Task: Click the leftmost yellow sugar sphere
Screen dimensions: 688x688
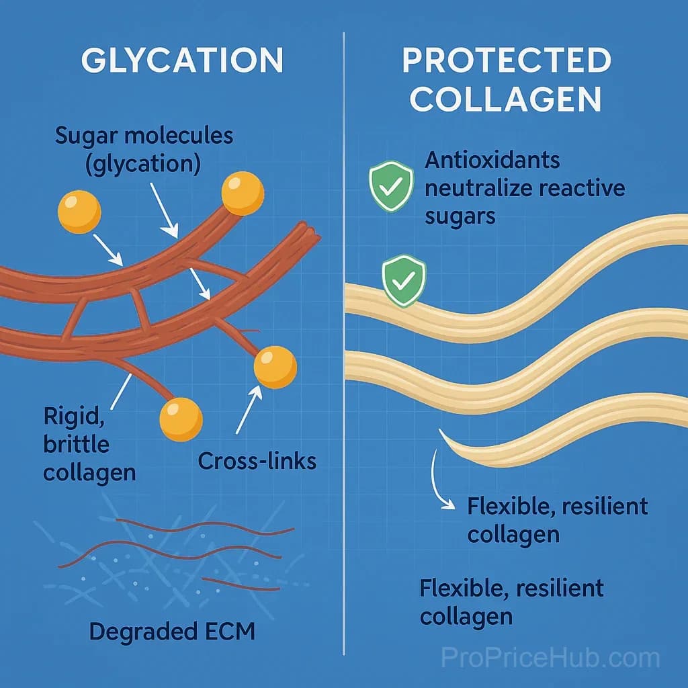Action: click(x=79, y=212)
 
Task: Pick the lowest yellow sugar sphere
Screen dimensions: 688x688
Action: click(x=181, y=419)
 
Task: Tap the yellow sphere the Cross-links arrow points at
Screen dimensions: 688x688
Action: click(x=275, y=368)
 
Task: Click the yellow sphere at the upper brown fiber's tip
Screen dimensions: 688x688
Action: click(x=243, y=193)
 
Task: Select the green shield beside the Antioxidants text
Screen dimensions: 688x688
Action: click(x=391, y=186)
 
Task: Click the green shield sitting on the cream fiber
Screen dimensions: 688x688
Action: click(x=404, y=281)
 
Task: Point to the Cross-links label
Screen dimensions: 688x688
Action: click(x=257, y=461)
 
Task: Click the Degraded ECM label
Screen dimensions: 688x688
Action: click(x=172, y=632)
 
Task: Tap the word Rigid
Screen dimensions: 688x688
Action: click(x=74, y=417)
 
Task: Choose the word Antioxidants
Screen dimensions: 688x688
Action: click(x=492, y=160)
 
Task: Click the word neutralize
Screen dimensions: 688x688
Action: click(x=478, y=188)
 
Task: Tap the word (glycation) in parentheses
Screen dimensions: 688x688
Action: click(x=143, y=164)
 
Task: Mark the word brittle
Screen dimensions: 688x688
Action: click(x=77, y=445)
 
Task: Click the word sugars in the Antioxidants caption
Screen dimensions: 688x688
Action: click(x=460, y=217)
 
